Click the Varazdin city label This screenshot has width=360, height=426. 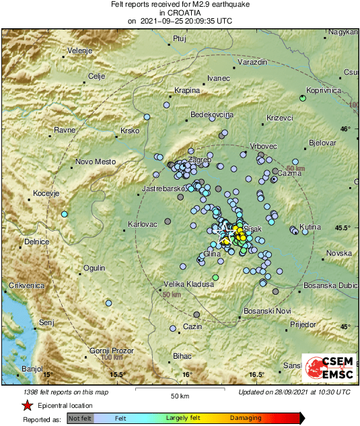pyautogui.click(x=253, y=62)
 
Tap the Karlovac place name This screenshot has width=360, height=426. pyautogui.click(x=142, y=224)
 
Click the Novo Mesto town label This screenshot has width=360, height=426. pyautogui.click(x=96, y=162)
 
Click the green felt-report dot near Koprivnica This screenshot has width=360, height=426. pyautogui.click(x=303, y=98)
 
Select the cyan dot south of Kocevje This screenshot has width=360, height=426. pyautogui.click(x=65, y=214)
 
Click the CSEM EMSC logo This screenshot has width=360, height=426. pyautogui.click(x=329, y=368)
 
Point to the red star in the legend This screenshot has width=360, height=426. pyautogui.click(x=27, y=406)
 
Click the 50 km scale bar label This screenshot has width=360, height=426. pyautogui.click(x=179, y=395)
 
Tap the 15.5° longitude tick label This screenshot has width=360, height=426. pyautogui.click(x=117, y=374)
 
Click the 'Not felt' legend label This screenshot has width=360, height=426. pyautogui.click(x=80, y=419)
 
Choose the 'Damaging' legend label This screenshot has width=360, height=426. pyautogui.click(x=246, y=419)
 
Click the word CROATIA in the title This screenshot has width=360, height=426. pyautogui.click(x=180, y=12)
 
